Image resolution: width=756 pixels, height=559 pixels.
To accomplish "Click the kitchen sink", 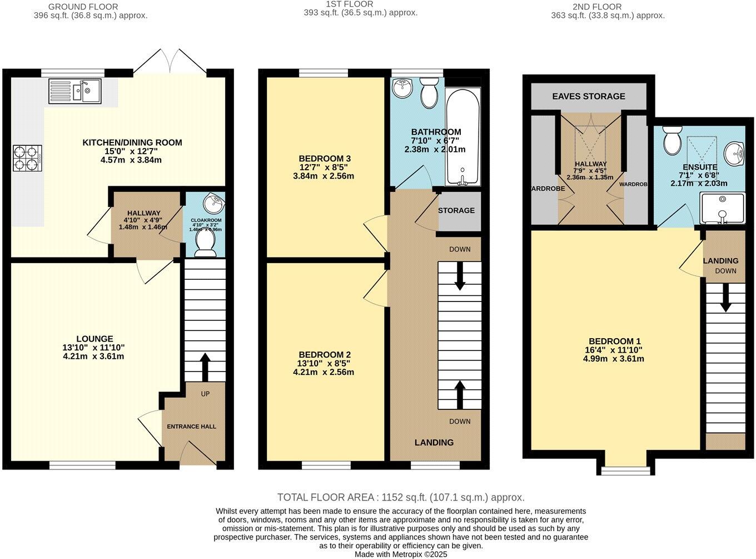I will coord(74,91).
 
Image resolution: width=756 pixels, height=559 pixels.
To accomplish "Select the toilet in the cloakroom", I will coord(205,244).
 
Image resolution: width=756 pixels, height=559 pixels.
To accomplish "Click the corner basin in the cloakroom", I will coord(213,203).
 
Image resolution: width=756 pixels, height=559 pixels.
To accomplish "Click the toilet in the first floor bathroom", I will coord(429,92).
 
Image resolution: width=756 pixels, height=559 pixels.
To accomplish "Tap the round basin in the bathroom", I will coord(401,87).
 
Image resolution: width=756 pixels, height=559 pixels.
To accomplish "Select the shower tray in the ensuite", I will coord(722,209).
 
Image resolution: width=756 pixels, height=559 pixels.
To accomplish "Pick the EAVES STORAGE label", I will coord(589,96).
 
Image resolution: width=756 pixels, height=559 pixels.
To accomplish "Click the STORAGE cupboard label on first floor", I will coord(456,210).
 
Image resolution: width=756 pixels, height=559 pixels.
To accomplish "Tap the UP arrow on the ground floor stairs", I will coord(205,365).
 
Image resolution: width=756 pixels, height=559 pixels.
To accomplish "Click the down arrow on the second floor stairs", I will coord(725,298).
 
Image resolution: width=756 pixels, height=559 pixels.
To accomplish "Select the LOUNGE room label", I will coord(94,339).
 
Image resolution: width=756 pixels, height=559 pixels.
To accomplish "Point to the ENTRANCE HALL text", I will coord(192,427).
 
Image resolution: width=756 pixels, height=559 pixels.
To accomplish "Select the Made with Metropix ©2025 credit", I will coord(401,554).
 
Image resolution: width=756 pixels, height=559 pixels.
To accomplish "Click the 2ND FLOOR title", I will coord(589,7).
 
